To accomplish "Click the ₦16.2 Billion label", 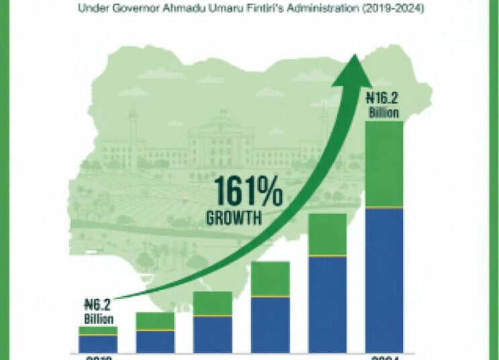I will [383, 103].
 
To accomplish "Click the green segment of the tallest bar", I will [383, 164].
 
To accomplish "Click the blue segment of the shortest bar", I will [98, 344].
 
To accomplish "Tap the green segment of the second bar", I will [155, 321].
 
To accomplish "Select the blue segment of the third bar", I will [212, 334].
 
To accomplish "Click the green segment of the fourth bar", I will [269, 279].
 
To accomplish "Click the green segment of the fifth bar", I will [327, 234].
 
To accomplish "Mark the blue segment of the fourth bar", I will [269, 324].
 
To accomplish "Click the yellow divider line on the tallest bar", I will [383, 208].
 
